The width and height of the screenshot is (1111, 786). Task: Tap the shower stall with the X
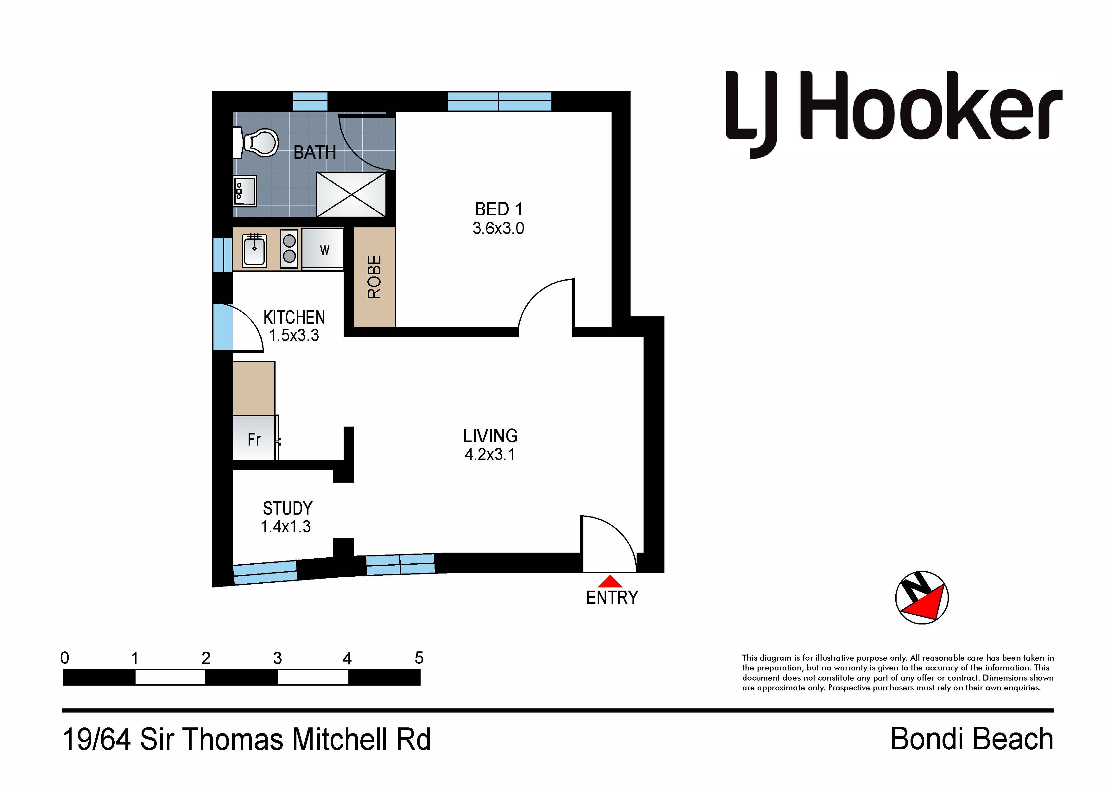(x=351, y=194)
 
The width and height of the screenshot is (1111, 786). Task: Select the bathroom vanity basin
(x=245, y=191)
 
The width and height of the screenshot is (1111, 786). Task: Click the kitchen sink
(x=255, y=250)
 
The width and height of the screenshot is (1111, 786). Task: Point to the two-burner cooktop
(x=289, y=249)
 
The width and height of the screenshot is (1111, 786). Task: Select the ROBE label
(x=374, y=277)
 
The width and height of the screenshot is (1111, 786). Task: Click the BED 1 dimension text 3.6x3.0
(x=498, y=228)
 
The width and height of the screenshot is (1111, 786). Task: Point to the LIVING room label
(x=490, y=436)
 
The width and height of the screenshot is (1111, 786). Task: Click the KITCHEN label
(x=294, y=318)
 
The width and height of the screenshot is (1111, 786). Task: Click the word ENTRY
(x=612, y=598)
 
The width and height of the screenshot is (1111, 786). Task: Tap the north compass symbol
(x=922, y=598)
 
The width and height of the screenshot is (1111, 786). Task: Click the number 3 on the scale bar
(x=277, y=658)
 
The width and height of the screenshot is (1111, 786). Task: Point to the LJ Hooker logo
(x=894, y=114)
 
